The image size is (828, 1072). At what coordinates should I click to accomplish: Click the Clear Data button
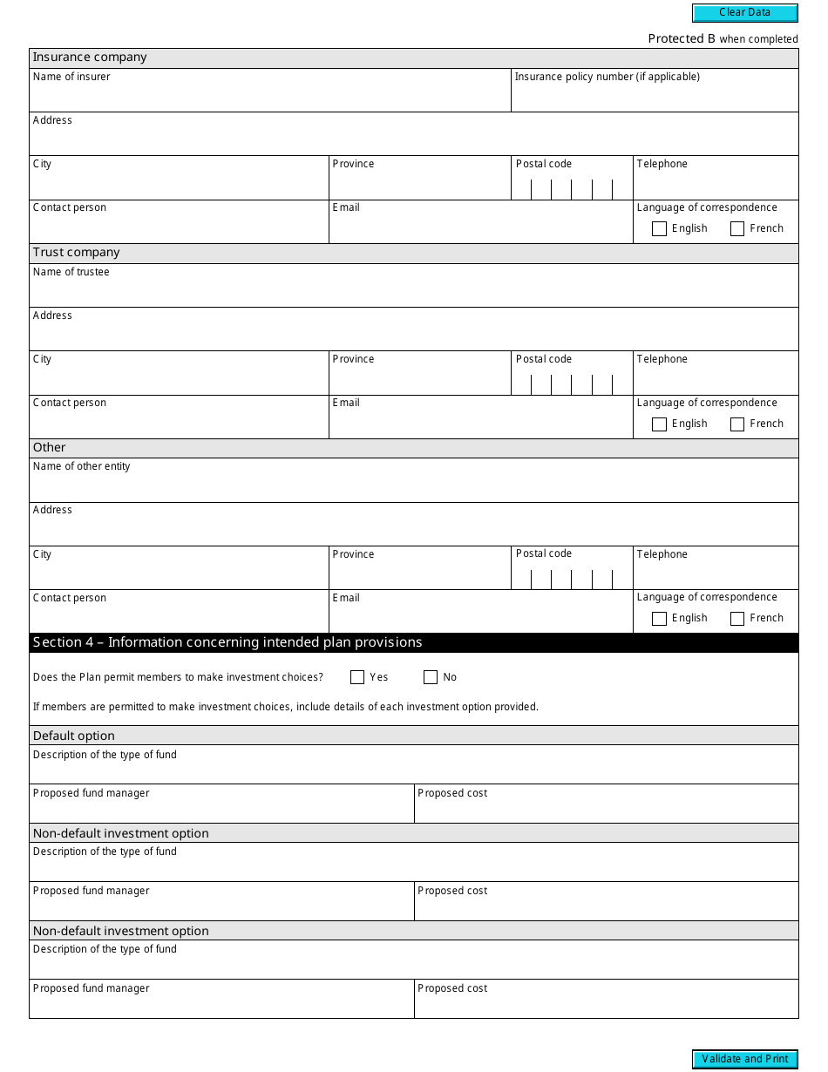pos(744,13)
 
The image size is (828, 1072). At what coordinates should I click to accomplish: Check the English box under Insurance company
pos(659,229)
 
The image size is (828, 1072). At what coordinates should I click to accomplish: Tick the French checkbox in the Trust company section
pos(737,424)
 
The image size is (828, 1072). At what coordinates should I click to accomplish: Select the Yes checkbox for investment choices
pos(357,677)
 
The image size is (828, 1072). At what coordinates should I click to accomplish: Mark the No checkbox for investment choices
pos(431,677)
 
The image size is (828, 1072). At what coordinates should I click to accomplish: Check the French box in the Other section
pos(737,619)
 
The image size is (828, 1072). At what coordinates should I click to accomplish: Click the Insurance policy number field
pos(654,97)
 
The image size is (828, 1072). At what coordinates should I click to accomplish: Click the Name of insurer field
pos(270,97)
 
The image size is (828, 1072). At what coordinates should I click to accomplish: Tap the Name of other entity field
pos(413,486)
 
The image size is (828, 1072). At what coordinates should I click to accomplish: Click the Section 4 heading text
pos(227,642)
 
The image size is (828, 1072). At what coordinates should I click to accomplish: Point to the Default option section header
pos(74,736)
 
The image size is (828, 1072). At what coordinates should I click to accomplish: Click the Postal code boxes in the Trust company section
pos(572,384)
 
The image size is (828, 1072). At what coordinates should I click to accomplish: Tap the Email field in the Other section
pos(480,617)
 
